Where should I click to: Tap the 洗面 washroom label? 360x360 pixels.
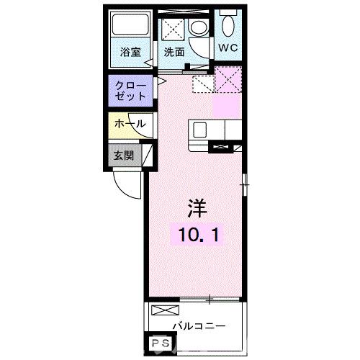174,52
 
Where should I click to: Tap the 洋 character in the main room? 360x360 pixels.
197,207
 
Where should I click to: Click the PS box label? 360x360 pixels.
159,343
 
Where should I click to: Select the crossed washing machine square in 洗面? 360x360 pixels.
173,29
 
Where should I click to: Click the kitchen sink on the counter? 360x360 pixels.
199,130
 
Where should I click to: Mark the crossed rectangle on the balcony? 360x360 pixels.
164,310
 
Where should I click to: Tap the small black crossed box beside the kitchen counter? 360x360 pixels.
220,148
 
